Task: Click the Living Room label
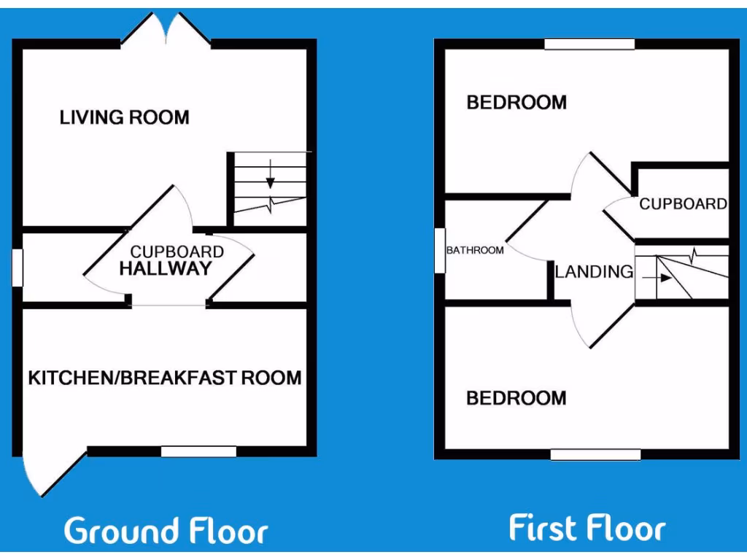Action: point(124,117)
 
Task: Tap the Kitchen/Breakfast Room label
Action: point(165,378)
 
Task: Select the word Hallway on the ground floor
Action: point(165,268)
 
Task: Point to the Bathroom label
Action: point(475,250)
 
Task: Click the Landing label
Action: point(594,272)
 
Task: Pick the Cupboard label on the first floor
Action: point(683,204)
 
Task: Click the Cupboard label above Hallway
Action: point(177,252)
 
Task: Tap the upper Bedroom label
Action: point(516,102)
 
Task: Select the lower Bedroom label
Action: point(516,398)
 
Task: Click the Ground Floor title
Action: point(166,531)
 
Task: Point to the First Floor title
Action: point(587,528)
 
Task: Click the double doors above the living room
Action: point(166,29)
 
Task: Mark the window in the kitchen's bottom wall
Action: point(198,451)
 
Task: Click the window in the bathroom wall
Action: point(440,250)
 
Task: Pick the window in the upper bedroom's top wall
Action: point(589,44)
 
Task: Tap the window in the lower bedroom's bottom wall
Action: point(595,454)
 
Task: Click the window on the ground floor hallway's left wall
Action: point(18,268)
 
